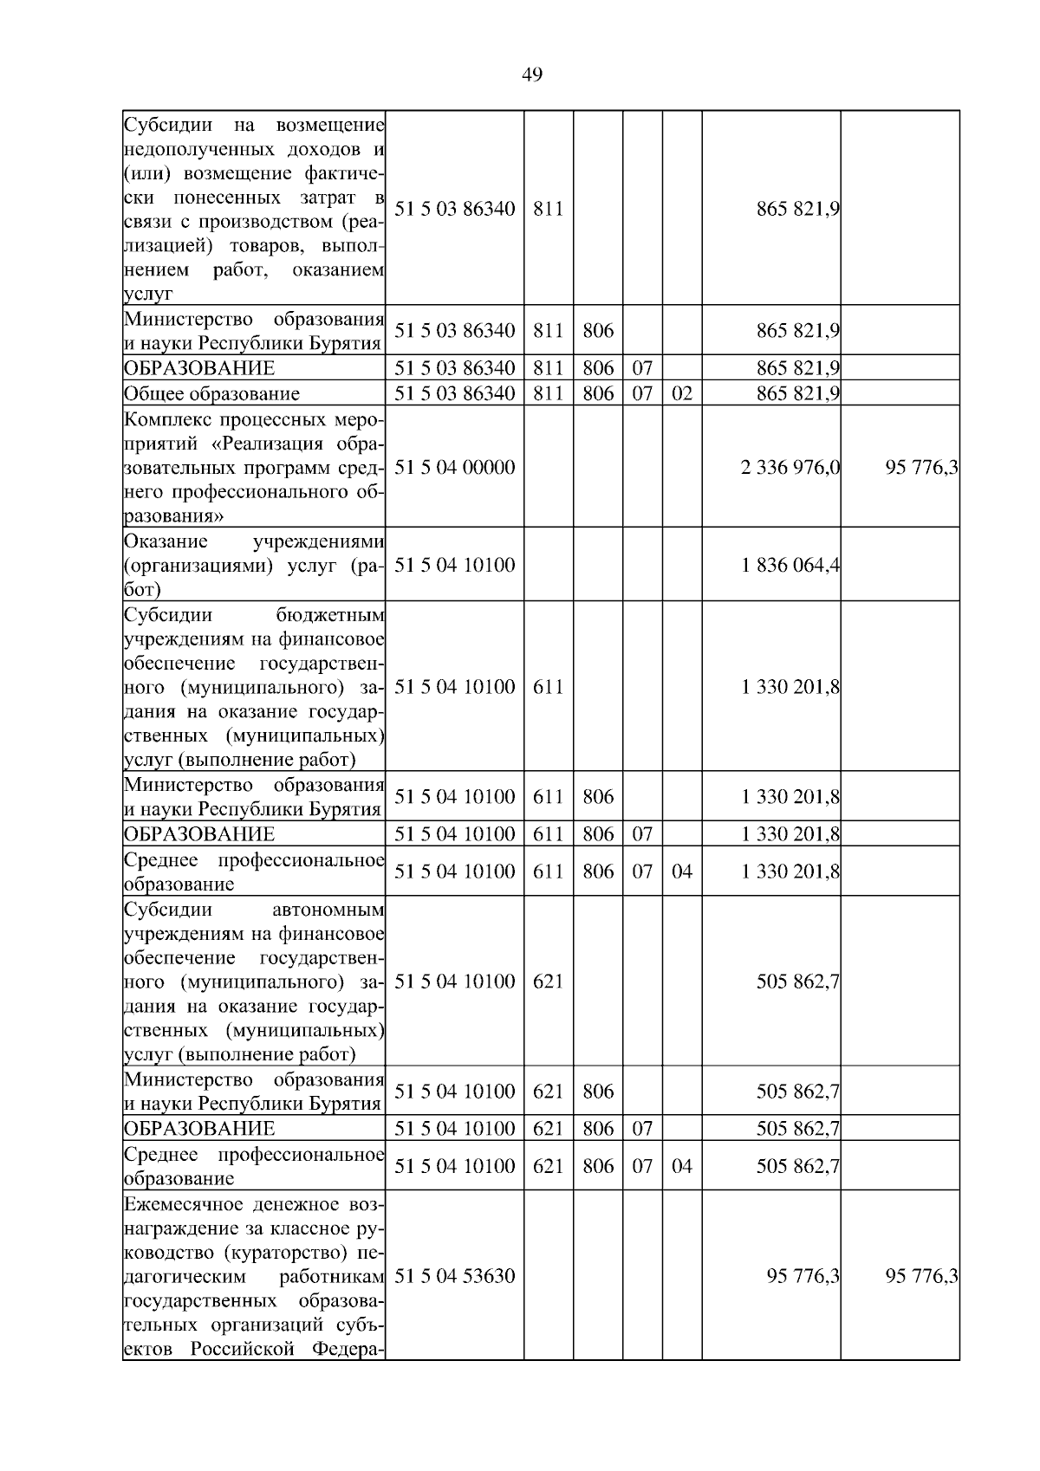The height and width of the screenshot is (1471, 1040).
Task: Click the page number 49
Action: tap(532, 75)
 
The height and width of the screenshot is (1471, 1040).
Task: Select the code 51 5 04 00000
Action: tap(454, 468)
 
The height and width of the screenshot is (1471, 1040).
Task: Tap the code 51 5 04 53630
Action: tap(454, 1276)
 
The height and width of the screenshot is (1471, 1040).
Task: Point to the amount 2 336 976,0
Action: tap(790, 468)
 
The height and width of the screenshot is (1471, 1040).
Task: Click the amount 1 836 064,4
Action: tap(790, 566)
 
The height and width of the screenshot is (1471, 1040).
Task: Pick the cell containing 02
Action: tap(682, 393)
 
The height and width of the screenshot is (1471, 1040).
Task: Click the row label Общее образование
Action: tap(211, 393)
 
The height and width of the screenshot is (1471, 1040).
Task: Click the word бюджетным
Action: tap(329, 615)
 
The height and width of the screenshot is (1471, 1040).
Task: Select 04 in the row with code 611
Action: tap(682, 872)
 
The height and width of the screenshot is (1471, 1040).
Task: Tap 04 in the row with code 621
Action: tap(682, 1166)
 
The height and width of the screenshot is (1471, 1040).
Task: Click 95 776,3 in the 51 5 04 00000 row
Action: tap(921, 468)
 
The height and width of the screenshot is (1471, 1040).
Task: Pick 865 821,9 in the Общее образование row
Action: tap(797, 393)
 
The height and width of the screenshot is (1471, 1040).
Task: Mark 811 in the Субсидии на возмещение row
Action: tap(548, 209)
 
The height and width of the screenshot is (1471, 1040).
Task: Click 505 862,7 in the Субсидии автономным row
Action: tap(797, 982)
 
